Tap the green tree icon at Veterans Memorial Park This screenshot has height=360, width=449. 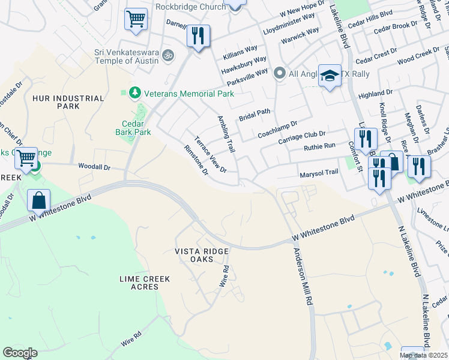[134, 92]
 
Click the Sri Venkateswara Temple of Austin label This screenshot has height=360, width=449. [126, 56]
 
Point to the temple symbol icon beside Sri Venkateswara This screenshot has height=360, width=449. [169, 56]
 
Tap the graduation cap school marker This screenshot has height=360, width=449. [330, 76]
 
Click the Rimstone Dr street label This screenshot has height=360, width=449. [196, 160]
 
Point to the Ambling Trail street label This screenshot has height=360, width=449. [225, 133]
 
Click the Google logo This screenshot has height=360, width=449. [19, 353]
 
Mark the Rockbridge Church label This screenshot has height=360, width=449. [189, 7]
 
